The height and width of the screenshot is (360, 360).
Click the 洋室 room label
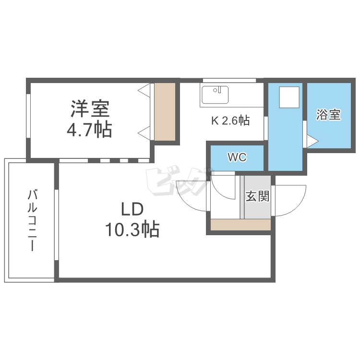[x=91, y=108]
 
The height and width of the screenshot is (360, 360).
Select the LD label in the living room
[x=132, y=210]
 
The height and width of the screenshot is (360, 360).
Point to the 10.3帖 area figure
[x=132, y=230]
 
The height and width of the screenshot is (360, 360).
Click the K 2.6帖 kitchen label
[x=230, y=121]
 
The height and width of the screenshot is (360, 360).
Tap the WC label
[x=237, y=157]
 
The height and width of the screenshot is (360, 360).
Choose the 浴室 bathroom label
[x=328, y=115]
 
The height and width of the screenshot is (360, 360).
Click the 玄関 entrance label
[x=257, y=196]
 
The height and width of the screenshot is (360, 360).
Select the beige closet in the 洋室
[x=165, y=112]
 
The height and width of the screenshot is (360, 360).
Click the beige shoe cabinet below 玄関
[x=241, y=225]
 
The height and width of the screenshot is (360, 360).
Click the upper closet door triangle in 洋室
[x=144, y=90]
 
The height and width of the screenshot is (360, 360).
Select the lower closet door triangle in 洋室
[x=144, y=132]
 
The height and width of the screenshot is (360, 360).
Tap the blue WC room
[x=237, y=157]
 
